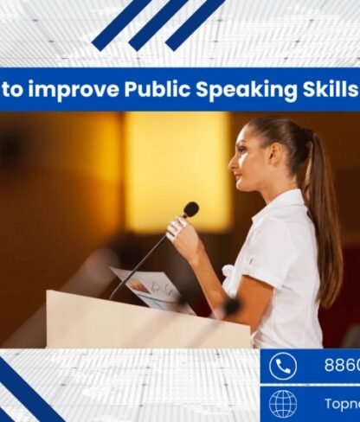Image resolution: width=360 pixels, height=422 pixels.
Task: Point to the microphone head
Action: [x=190, y=209]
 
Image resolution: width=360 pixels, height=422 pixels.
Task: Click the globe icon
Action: [x=283, y=404]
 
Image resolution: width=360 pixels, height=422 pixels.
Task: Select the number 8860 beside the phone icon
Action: [x=341, y=366]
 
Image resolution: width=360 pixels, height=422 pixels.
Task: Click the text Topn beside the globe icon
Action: [x=341, y=404]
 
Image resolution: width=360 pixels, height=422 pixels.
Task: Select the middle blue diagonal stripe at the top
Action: [x=158, y=24]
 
